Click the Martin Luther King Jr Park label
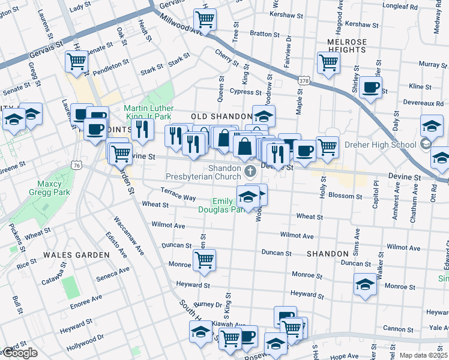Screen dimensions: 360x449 [x=148, y=112]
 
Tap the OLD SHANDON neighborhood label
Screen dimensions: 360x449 [x=221, y=116]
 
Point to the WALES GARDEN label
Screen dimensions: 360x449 [x=76, y=254]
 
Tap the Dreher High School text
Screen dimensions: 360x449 [x=381, y=145]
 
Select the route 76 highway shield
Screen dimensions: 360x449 [x=76, y=164]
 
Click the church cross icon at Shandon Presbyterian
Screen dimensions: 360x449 [x=250, y=172]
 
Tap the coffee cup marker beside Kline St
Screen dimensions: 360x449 [x=370, y=88]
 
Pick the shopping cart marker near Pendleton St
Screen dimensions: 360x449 [x=77, y=61]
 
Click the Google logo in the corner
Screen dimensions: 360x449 [x=20, y=353]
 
